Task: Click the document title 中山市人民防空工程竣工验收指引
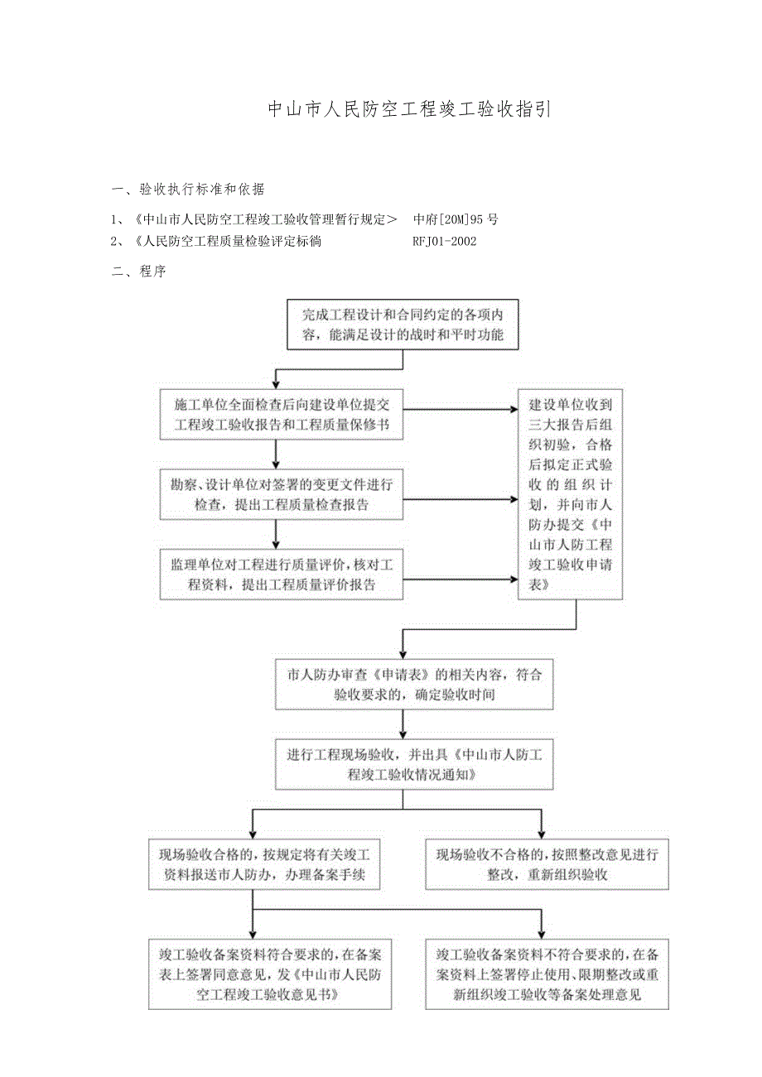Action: click(x=408, y=109)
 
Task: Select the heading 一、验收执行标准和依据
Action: click(x=188, y=190)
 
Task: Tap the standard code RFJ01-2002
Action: click(x=444, y=242)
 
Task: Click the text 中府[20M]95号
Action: click(x=456, y=219)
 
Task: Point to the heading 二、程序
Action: click(x=138, y=272)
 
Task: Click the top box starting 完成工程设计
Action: click(x=403, y=325)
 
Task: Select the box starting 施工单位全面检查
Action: click(x=282, y=415)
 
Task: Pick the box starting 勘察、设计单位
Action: click(x=282, y=494)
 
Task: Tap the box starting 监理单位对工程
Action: click(x=282, y=574)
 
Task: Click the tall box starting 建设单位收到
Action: click(x=571, y=494)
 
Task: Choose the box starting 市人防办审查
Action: click(x=403, y=685)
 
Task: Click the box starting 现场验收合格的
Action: click(x=264, y=865)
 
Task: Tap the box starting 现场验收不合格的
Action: click(x=547, y=865)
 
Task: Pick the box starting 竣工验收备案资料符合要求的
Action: click(x=270, y=974)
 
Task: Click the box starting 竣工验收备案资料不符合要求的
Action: click(x=547, y=974)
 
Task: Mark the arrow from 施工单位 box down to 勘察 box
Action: click(x=276, y=454)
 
